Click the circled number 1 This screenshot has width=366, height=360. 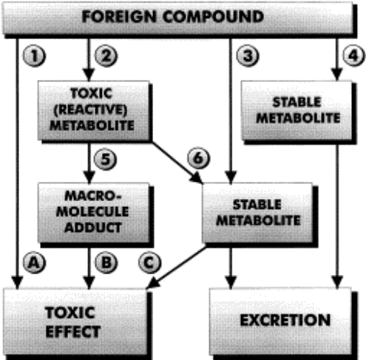(x=34, y=56)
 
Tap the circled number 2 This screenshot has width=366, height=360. (x=106, y=56)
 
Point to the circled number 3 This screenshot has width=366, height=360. (x=248, y=56)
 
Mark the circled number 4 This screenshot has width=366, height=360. (x=353, y=56)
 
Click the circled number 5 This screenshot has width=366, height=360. (x=106, y=159)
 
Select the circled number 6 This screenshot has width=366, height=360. (x=199, y=158)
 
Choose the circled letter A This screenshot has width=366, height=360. (x=34, y=262)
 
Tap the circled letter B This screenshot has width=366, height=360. (x=106, y=262)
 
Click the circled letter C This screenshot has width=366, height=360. (x=149, y=262)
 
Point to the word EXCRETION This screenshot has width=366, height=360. (x=285, y=320)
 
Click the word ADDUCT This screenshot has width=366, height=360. (x=93, y=227)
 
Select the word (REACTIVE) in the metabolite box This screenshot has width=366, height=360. (x=90, y=109)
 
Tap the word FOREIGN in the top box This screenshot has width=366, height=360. (x=119, y=17)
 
